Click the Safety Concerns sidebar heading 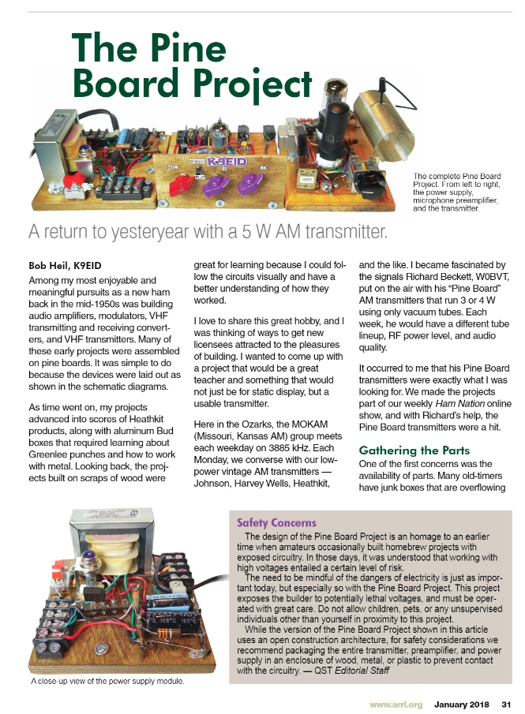click(x=277, y=522)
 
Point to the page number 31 click(x=507, y=704)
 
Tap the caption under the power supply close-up click(x=107, y=680)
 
